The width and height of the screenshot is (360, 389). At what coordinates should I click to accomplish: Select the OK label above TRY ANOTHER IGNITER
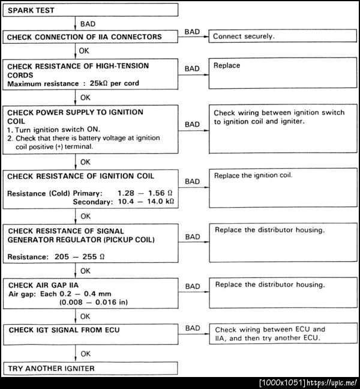86,354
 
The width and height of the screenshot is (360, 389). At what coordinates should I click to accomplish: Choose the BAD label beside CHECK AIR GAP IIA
193,287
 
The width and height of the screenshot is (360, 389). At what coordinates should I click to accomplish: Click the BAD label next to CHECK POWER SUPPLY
193,124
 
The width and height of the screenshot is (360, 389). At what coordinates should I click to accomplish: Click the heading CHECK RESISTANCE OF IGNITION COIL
80,176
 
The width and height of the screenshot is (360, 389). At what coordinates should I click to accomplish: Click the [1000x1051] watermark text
283,382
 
